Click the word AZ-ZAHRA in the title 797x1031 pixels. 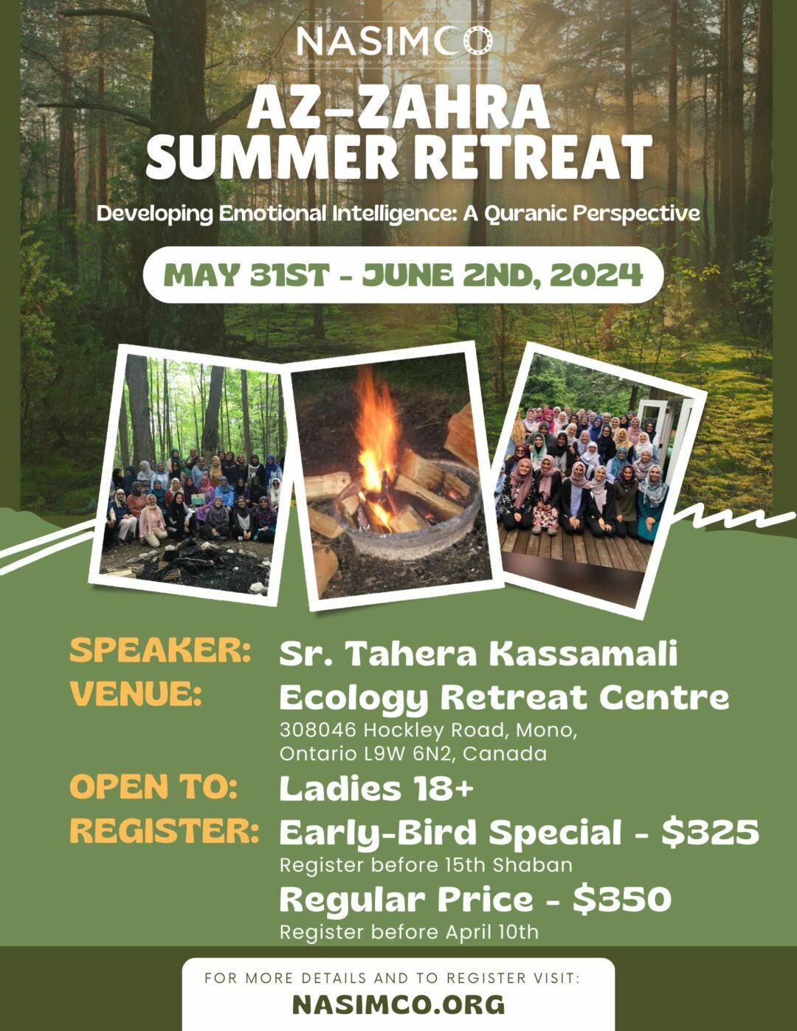(398, 108)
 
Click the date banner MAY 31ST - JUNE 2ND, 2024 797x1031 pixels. (403, 275)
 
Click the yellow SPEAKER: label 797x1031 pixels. (160, 650)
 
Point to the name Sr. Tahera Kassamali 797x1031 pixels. (478, 653)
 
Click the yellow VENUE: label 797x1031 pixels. (137, 694)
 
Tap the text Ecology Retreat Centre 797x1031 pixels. (504, 697)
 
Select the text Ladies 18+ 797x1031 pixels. (376, 788)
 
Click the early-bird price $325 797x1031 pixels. (710, 832)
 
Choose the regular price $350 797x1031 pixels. (622, 899)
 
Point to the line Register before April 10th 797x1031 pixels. (409, 931)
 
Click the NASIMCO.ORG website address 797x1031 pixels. (398, 1004)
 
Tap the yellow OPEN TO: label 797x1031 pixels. (153, 787)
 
